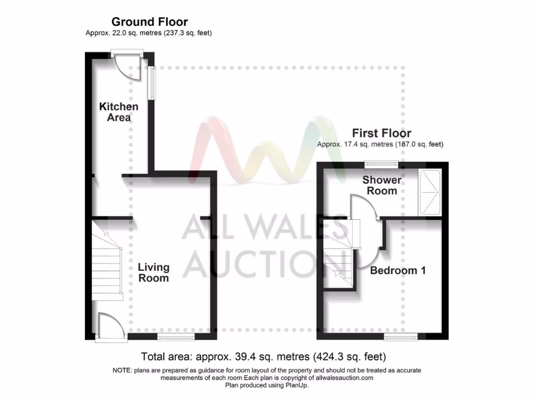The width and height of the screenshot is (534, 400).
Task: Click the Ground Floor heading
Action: [x=150, y=22]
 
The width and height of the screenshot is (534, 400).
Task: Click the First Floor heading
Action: [x=381, y=133]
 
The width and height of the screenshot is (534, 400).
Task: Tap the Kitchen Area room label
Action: [x=119, y=112]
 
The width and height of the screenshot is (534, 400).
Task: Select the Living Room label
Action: [x=153, y=272]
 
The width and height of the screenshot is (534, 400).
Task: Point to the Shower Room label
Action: [x=382, y=185]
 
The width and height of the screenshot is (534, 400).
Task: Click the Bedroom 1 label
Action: [x=398, y=271]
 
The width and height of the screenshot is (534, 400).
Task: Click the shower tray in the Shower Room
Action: [x=430, y=192]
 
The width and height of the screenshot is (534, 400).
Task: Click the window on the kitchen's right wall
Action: [x=152, y=82]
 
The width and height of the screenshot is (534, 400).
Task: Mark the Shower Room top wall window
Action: [x=381, y=164]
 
